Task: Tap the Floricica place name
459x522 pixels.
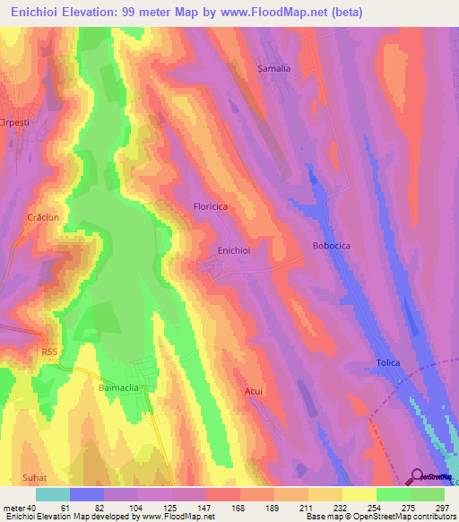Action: [x=212, y=206]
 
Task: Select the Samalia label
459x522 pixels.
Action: [x=274, y=68]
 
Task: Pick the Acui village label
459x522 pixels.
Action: [x=254, y=391]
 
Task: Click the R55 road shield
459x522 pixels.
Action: [x=49, y=355]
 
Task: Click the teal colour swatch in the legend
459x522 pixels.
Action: [x=52, y=494]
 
